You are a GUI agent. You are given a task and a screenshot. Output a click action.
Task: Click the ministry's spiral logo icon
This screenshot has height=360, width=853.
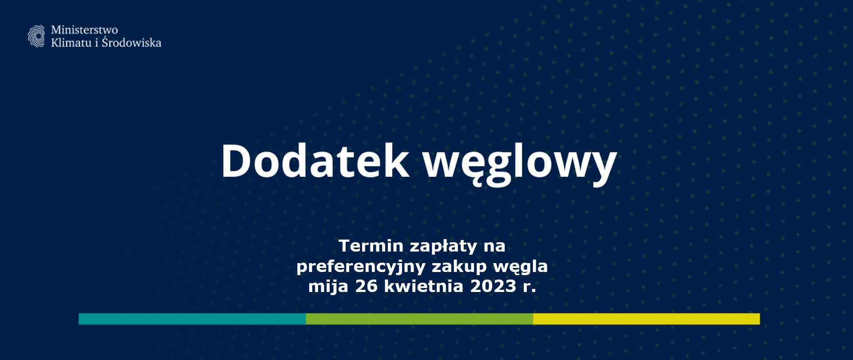(36, 36)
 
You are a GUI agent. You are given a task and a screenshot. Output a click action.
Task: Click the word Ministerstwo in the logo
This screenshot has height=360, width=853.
(84, 30)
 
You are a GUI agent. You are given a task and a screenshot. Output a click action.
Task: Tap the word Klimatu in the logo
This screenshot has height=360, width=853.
(71, 43)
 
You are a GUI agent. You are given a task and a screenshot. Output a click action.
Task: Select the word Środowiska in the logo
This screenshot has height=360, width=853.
(132, 42)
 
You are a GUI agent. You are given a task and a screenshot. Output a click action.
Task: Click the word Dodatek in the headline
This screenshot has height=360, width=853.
(315, 160)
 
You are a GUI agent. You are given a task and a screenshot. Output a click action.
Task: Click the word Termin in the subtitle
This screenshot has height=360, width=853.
(371, 246)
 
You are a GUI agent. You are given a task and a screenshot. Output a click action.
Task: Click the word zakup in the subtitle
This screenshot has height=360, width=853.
(459, 267)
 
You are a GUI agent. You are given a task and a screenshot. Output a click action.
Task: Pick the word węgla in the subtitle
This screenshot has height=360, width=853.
(521, 267)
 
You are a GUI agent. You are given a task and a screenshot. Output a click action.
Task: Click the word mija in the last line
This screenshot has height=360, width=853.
(328, 287)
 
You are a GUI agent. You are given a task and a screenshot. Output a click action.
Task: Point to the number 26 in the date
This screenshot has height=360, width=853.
(367, 286)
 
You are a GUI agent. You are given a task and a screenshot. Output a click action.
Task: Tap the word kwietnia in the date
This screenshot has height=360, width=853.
(424, 286)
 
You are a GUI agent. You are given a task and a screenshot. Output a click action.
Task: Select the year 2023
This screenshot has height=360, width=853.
(493, 286)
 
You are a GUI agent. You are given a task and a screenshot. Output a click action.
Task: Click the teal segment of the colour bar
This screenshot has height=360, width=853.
(192, 319)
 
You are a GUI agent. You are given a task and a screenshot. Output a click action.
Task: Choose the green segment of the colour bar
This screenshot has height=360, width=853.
(419, 319)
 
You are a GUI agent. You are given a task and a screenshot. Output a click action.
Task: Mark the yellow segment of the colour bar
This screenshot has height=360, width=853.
(646, 319)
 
